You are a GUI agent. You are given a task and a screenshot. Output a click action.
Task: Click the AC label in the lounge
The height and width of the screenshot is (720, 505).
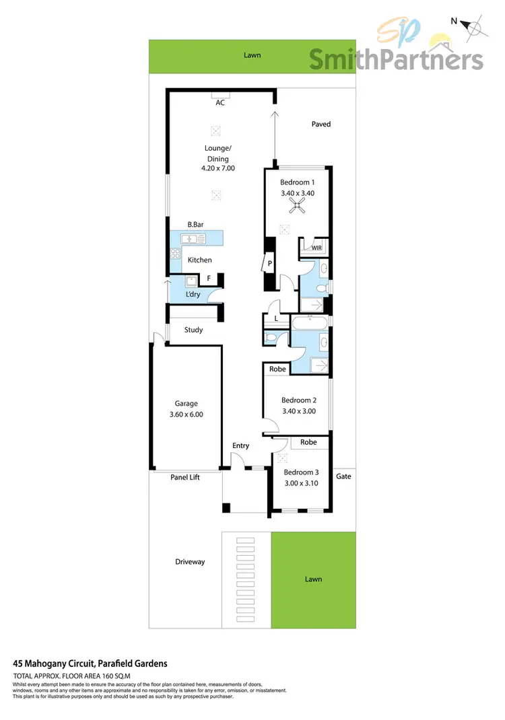point(220,103)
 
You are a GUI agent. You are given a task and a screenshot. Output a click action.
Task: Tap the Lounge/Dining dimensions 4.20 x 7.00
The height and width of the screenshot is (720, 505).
point(217,169)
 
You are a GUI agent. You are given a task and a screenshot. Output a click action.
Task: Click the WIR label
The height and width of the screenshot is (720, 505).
point(316,248)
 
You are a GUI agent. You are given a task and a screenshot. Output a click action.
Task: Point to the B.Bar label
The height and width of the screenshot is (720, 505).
point(197,225)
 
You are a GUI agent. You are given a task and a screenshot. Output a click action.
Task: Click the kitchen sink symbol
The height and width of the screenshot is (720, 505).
point(196,238)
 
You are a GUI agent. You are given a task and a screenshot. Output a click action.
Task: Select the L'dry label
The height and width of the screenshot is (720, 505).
point(195,295)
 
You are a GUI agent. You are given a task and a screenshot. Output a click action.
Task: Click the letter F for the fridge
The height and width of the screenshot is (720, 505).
point(209,278)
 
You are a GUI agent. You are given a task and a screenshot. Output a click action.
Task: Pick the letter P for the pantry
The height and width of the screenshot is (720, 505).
point(269,264)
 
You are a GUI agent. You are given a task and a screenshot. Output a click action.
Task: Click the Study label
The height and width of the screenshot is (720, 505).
point(194,330)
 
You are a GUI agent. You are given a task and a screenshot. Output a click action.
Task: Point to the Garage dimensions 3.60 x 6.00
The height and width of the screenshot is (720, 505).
point(186,415)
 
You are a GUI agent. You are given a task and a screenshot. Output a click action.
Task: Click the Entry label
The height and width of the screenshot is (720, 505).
point(240,445)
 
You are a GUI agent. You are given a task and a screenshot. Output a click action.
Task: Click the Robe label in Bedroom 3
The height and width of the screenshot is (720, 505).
point(308,442)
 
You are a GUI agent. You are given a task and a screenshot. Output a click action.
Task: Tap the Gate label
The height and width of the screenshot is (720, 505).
point(343,476)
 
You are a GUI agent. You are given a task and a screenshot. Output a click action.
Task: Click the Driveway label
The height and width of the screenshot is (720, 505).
point(190,561)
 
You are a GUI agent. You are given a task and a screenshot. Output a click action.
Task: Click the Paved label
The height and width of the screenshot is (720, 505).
point(321,124)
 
